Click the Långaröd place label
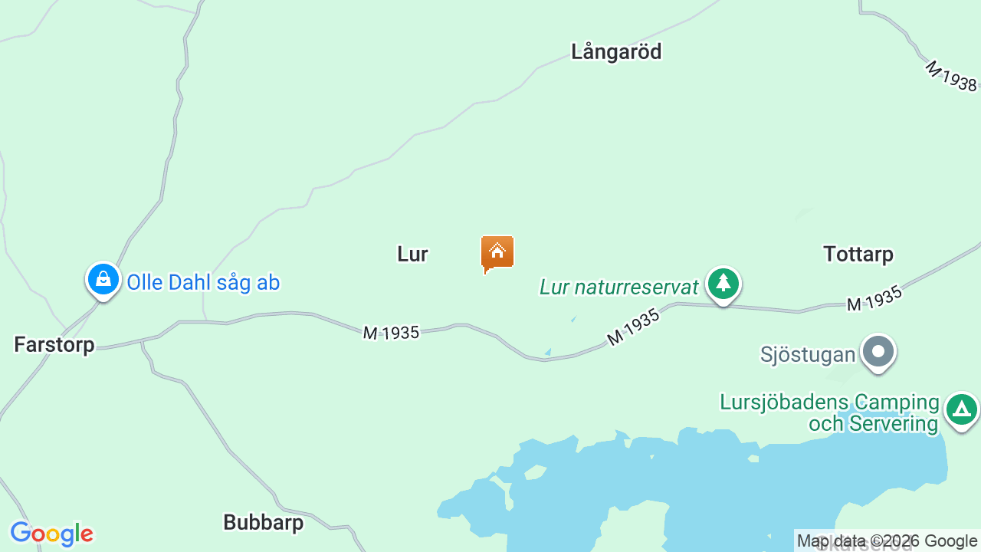coord(615,51)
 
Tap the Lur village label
coord(412,254)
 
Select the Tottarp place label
coord(858,254)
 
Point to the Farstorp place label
coord(54,344)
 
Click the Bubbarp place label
coord(263,522)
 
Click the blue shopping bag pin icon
coord(103,280)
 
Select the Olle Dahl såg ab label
coord(203,282)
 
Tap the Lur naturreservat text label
coord(619,287)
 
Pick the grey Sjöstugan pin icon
coord(878,352)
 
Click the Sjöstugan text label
coord(808,354)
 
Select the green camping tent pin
coord(961,409)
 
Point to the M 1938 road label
coord(950,76)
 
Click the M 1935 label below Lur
coord(391,333)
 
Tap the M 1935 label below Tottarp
coord(874,299)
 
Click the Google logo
coord(51,534)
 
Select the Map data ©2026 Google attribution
coord(887,540)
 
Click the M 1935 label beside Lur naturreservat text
coord(633,327)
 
